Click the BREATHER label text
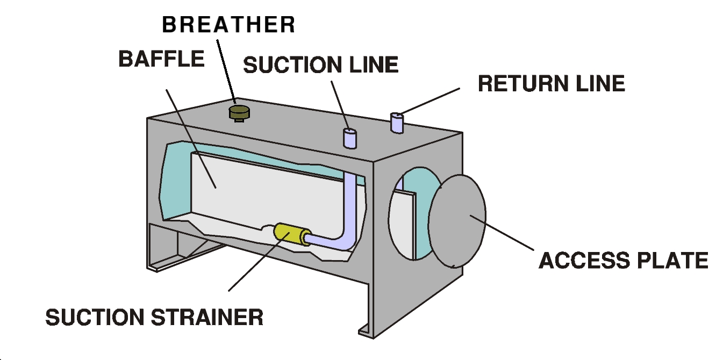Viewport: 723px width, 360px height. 228,25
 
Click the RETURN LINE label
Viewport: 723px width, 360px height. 551,84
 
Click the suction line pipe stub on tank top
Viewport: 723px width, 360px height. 350,138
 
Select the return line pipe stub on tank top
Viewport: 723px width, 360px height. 397,123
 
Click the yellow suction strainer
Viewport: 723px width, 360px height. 290,234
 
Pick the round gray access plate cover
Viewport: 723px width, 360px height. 457,220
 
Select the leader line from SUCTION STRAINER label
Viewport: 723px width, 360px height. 253,266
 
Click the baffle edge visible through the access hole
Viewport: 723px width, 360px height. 406,220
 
